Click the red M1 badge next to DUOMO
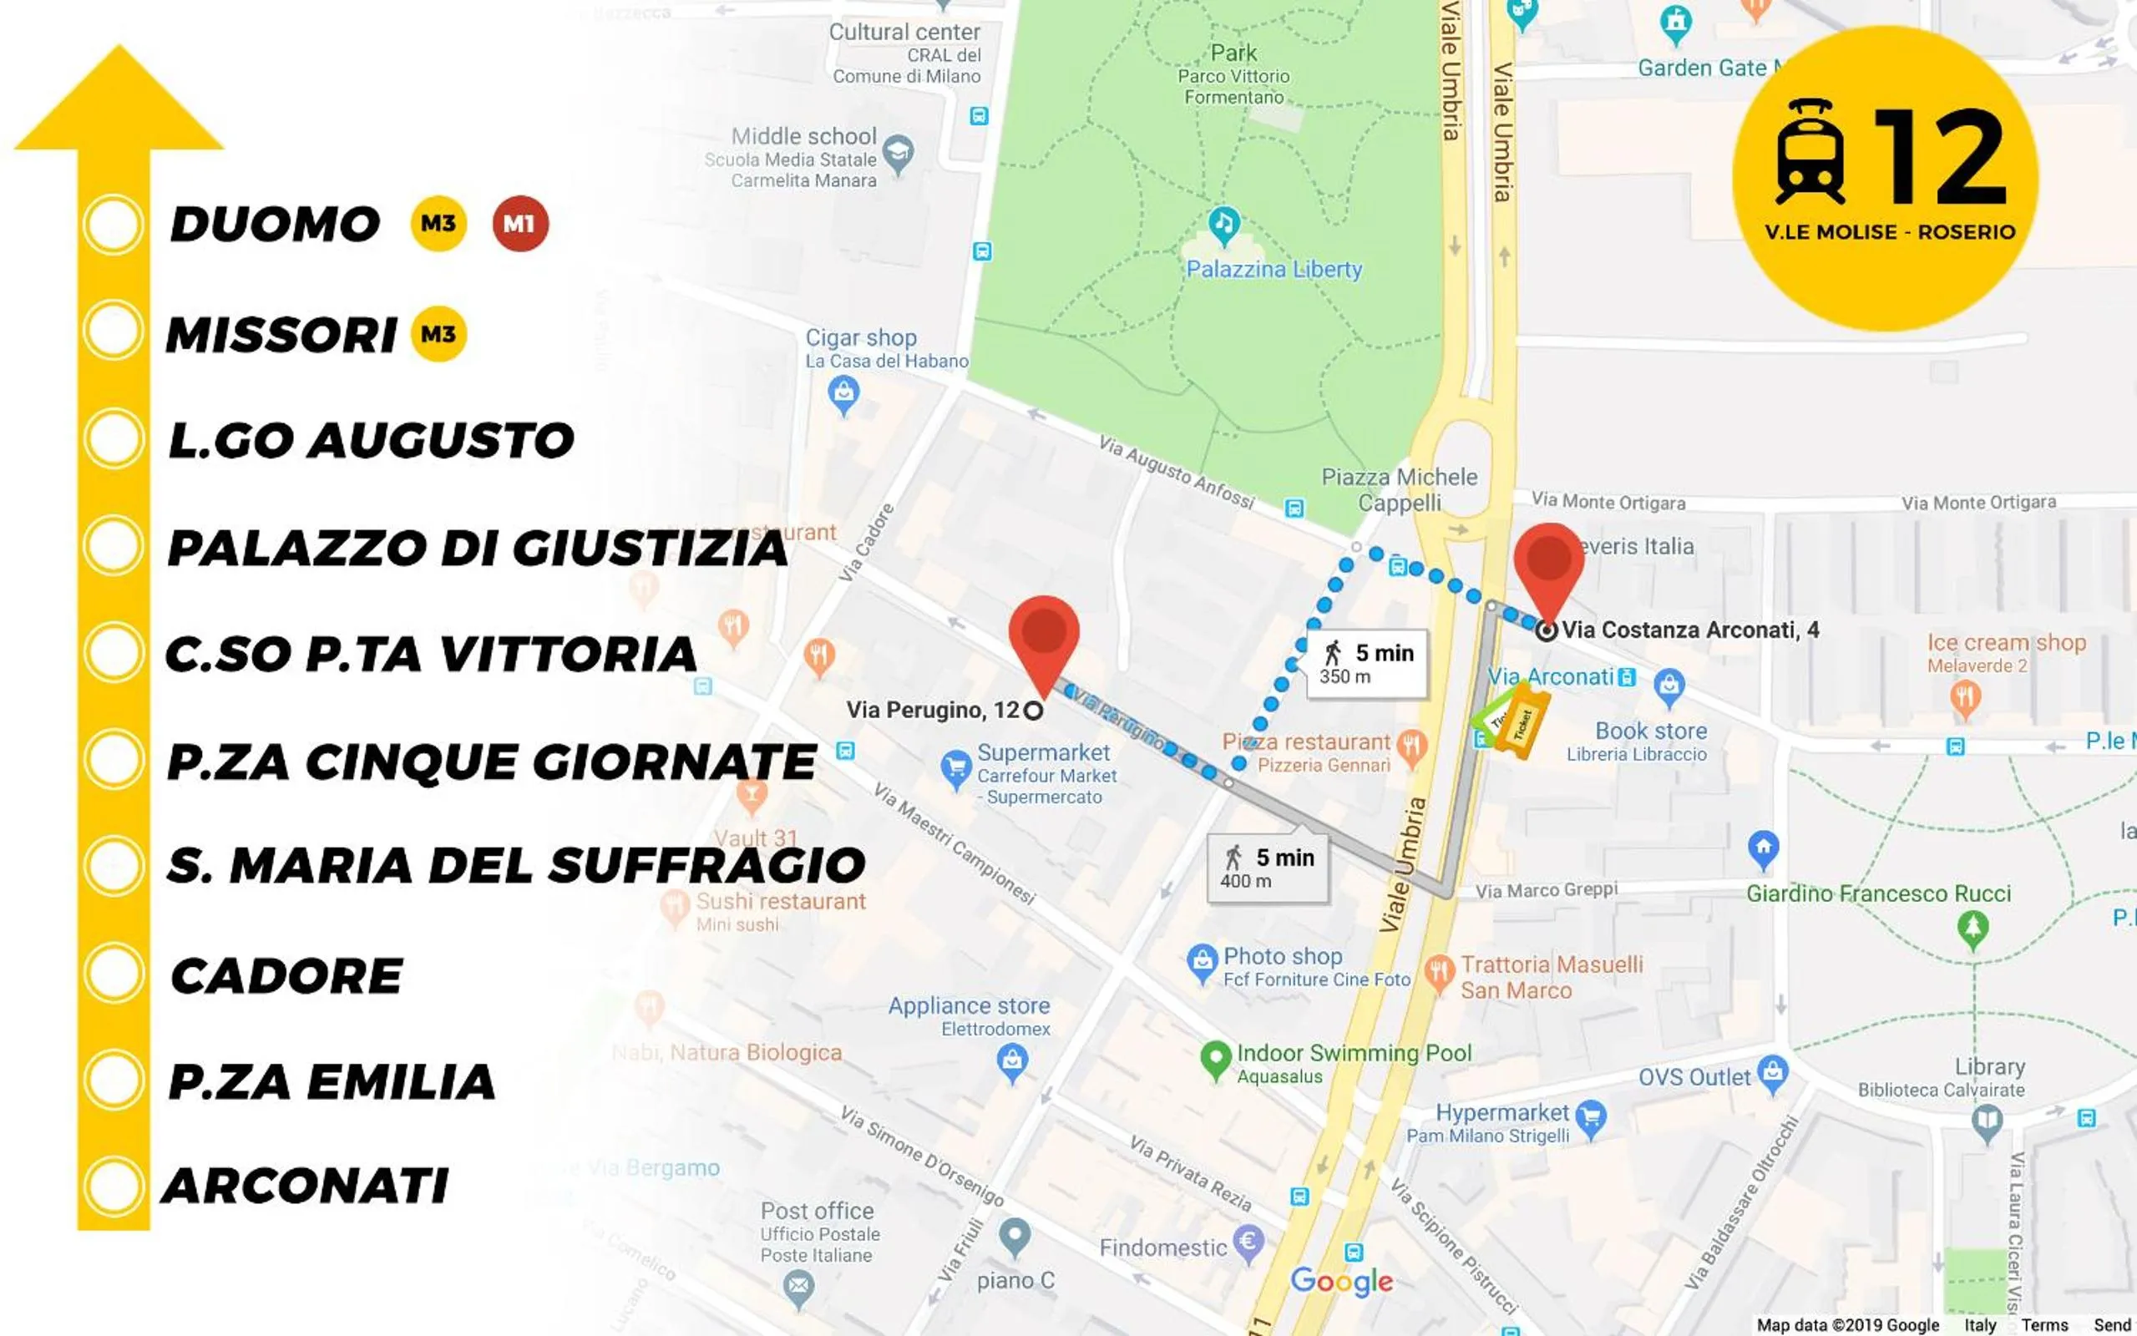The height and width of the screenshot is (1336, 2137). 520,224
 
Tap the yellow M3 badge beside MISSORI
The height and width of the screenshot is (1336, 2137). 439,334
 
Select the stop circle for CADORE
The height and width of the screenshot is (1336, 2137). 114,973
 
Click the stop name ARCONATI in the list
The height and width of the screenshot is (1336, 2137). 306,1186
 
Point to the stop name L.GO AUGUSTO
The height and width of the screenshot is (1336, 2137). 371,440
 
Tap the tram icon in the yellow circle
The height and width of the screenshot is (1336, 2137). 1810,152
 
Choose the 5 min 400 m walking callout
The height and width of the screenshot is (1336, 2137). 1268,868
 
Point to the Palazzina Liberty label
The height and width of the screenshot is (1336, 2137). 1273,270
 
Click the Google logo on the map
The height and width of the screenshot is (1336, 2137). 1341,1281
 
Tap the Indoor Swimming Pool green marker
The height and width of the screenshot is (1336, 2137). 1216,1058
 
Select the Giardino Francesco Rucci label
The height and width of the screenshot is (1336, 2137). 1878,893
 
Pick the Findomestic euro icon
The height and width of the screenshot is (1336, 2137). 1248,1242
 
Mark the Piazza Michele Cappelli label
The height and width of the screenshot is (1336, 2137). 1399,489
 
